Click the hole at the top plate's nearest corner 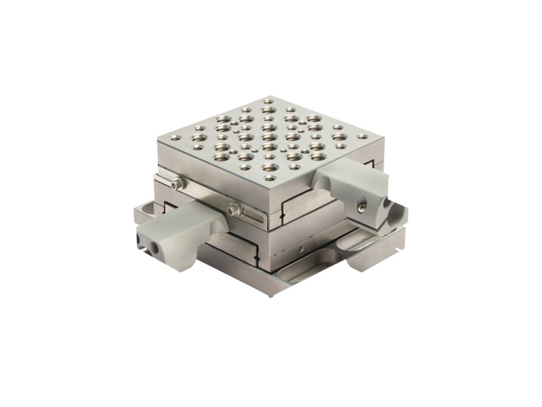point(270,178)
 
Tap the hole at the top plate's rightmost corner point(362,136)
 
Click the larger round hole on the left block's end point(155,248)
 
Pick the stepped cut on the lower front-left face point(256,258)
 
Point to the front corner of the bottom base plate point(272,286)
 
